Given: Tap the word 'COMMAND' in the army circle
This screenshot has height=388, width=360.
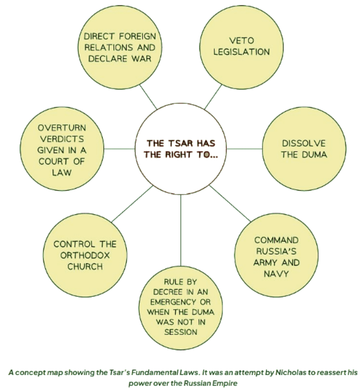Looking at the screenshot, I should pyautogui.click(x=276, y=240).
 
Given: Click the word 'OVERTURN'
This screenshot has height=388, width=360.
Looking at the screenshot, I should pyautogui.click(x=62, y=127).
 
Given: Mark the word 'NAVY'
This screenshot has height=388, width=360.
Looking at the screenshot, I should pyautogui.click(x=276, y=274).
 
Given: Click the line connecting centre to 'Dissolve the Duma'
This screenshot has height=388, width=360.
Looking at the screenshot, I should pyautogui.click(x=243, y=149).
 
